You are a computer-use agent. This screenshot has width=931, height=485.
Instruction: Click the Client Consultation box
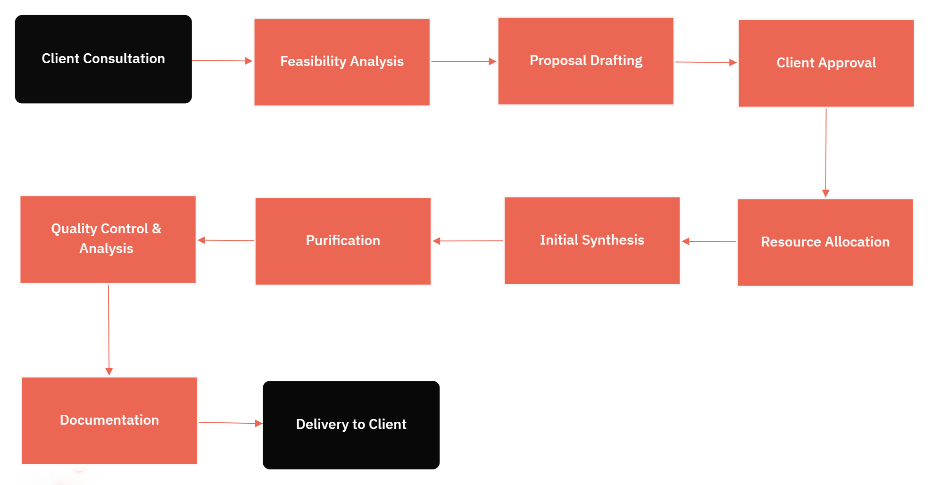pyautogui.click(x=103, y=59)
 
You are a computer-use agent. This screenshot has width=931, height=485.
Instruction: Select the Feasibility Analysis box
pyautogui.click(x=341, y=62)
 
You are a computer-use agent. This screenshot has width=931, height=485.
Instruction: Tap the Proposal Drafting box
pyautogui.click(x=585, y=61)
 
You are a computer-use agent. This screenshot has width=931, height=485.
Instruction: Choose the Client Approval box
pyautogui.click(x=826, y=63)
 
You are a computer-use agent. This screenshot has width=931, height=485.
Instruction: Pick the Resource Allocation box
pyautogui.click(x=825, y=242)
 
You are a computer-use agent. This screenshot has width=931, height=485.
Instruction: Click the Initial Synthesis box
pyautogui.click(x=592, y=240)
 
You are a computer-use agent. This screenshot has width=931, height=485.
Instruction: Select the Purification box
pyautogui.click(x=342, y=241)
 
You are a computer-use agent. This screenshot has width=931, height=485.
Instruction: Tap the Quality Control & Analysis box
pyautogui.click(x=108, y=239)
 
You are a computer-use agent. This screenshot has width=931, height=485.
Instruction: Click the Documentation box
pyautogui.click(x=109, y=420)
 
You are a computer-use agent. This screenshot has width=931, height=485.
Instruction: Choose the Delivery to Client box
pyautogui.click(x=351, y=425)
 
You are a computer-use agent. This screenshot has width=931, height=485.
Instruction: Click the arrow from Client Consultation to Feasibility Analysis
pyautogui.click(x=222, y=60)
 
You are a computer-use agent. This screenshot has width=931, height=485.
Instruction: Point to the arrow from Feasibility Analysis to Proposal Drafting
pyautogui.click(x=464, y=61)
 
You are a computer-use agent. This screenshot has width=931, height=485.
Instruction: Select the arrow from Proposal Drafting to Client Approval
pyautogui.click(x=706, y=62)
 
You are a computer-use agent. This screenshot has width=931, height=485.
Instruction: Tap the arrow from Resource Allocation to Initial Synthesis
pyautogui.click(x=709, y=241)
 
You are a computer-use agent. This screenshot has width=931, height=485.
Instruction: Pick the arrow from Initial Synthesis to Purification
pyautogui.click(x=467, y=241)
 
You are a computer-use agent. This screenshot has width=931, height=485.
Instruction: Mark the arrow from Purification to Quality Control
pyautogui.click(x=225, y=240)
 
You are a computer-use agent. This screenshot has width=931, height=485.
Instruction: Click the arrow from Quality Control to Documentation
pyautogui.click(x=108, y=329)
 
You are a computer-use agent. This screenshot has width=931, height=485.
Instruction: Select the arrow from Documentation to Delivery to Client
pyautogui.click(x=230, y=423)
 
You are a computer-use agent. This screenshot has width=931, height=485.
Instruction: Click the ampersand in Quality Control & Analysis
pyautogui.click(x=157, y=229)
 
